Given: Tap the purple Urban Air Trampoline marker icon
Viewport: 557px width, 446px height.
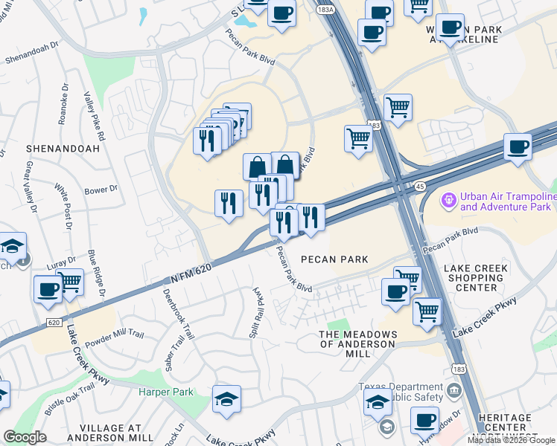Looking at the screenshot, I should point(448,200).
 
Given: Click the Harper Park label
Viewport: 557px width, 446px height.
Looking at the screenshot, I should point(165,392).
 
